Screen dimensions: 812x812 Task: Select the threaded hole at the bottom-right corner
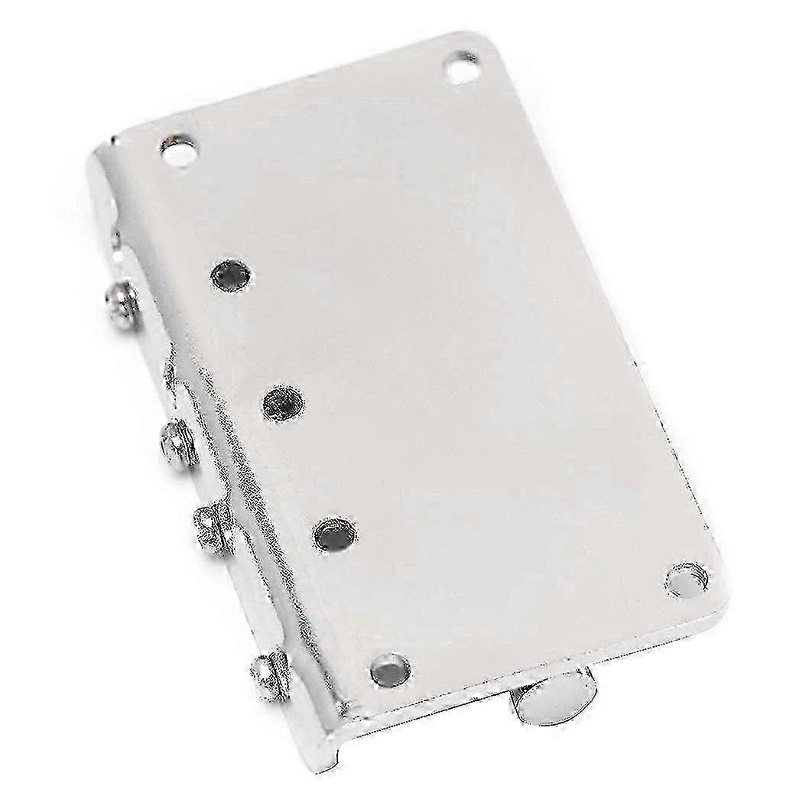point(684,579)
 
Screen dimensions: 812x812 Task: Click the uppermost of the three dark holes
point(231,274)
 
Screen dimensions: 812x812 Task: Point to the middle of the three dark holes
point(282,401)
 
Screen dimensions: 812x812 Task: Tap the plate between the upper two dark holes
point(257,338)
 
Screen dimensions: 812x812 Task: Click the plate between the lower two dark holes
point(310,467)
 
